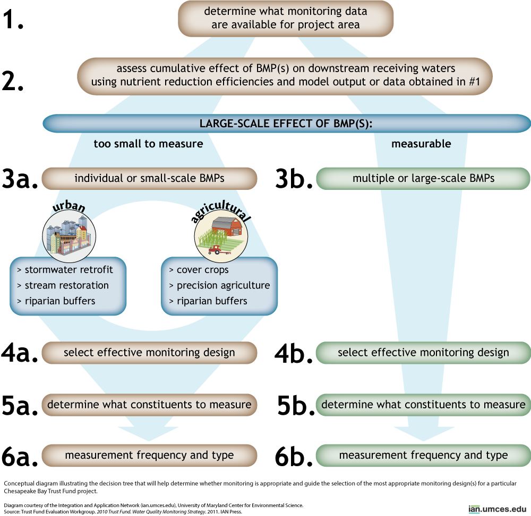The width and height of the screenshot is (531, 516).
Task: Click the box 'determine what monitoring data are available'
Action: click(286, 18)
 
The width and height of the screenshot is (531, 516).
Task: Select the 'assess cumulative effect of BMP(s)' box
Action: click(285, 76)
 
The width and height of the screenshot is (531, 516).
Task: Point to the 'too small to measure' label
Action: click(148, 144)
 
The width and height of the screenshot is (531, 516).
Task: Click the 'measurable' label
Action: click(421, 144)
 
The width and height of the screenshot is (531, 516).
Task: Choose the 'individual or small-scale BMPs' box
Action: click(149, 178)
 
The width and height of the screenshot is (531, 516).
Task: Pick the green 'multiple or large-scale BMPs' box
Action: click(423, 178)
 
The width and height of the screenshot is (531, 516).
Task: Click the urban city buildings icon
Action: click(68, 237)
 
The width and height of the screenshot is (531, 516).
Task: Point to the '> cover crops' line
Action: click(199, 270)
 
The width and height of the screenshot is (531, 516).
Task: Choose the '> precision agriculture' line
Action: click(219, 285)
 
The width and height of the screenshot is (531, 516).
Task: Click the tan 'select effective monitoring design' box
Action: click(149, 353)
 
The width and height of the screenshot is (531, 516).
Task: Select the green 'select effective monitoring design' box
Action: click(423, 353)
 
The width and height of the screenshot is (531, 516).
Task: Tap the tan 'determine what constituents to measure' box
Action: click(149, 405)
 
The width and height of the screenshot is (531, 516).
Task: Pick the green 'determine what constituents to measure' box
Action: click(423, 405)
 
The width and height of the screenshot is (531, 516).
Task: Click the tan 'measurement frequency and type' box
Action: click(149, 455)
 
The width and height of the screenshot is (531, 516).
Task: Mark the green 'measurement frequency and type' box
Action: click(423, 455)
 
